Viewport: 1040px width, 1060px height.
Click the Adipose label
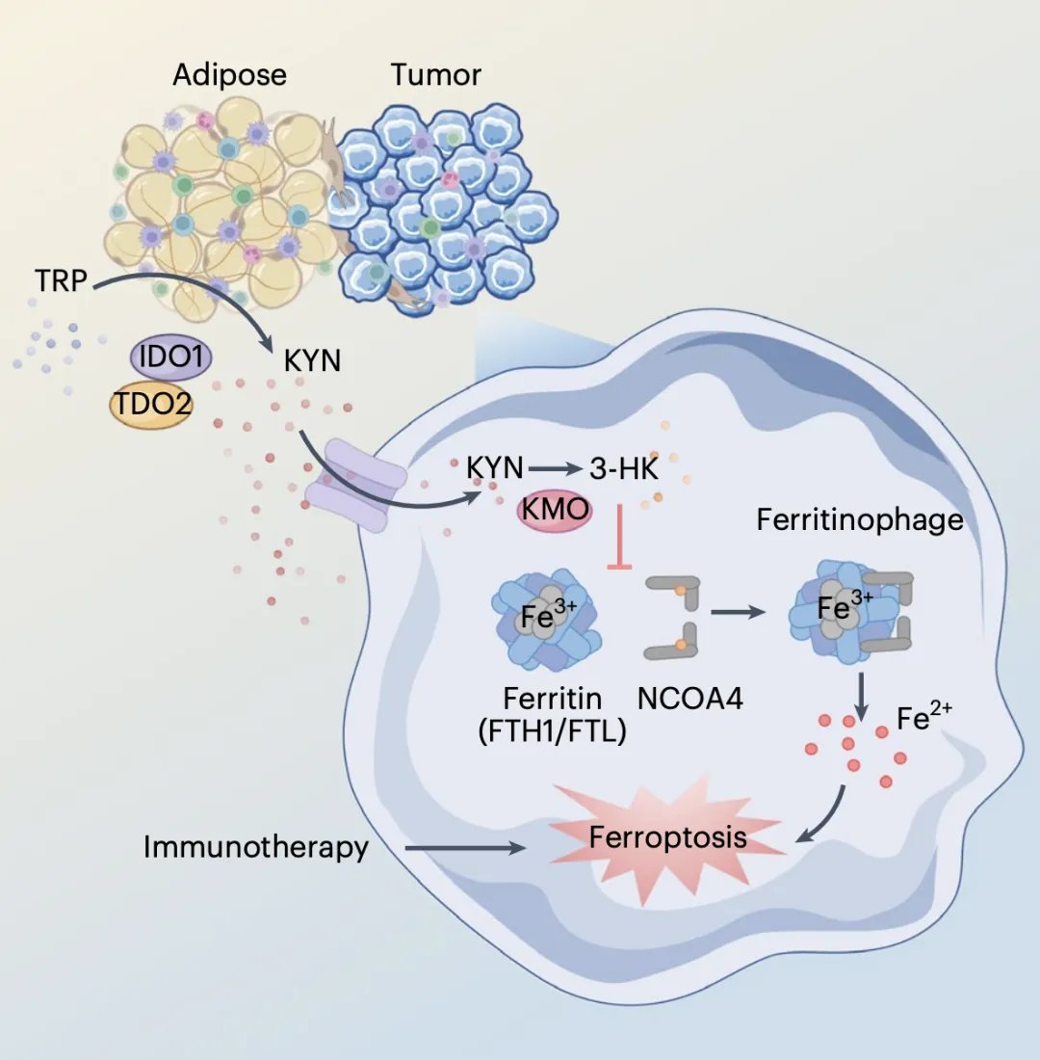coord(229,75)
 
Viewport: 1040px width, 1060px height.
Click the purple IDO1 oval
coord(171,358)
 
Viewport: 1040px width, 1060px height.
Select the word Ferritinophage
coord(860,519)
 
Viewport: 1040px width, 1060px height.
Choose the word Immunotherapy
coord(256,848)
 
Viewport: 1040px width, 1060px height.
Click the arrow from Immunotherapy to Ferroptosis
coord(466,849)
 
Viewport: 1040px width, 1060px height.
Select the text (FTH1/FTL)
coord(553,730)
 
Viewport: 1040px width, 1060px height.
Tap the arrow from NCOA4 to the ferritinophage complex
coord(740,611)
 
